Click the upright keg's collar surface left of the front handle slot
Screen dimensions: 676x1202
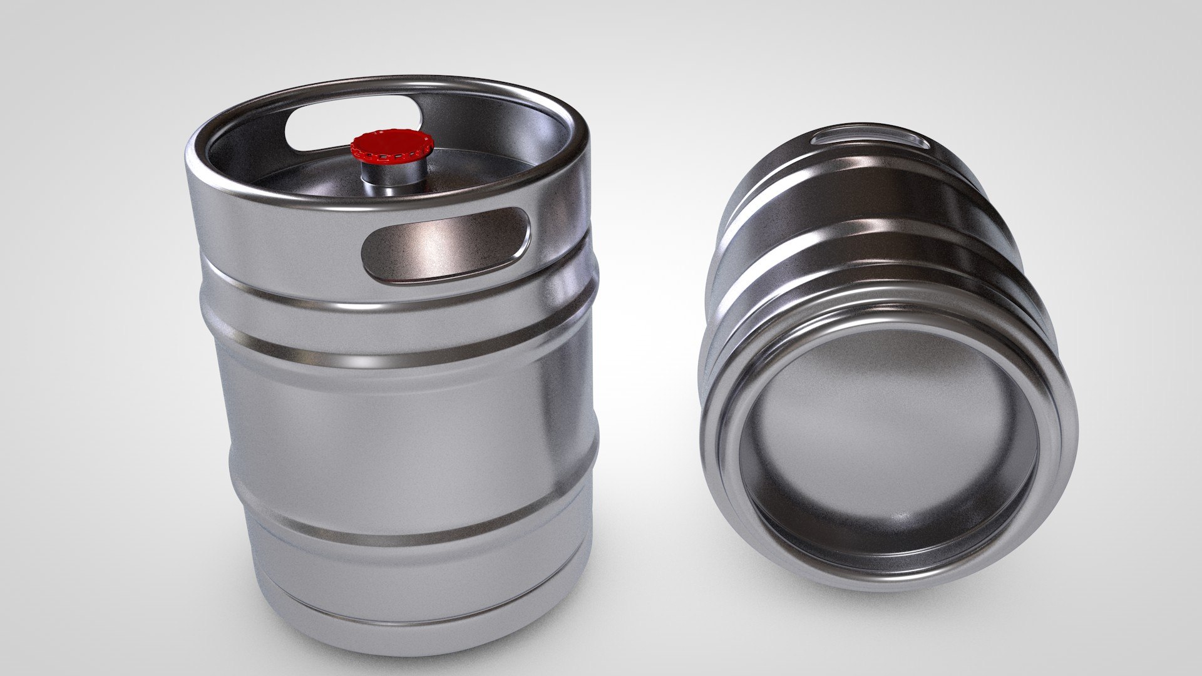(x=282, y=238)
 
